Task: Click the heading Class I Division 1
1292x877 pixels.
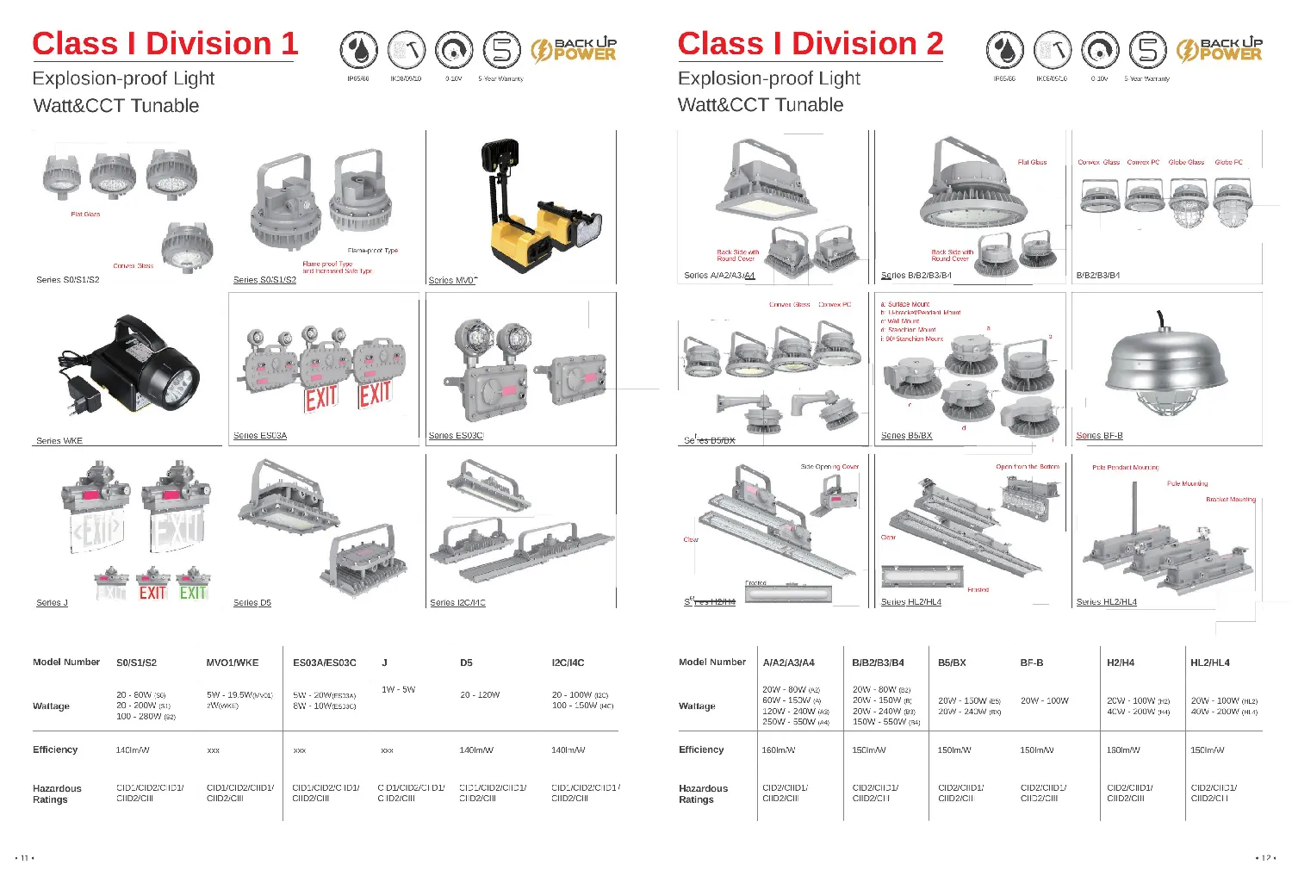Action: pyautogui.click(x=165, y=44)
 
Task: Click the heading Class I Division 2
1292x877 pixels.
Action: pyautogui.click(x=810, y=44)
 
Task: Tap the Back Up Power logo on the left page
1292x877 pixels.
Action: pyautogui.click(x=574, y=50)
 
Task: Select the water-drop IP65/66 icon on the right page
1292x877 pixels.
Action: pyautogui.click(x=1004, y=50)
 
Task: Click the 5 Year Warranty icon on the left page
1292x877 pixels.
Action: pyautogui.click(x=501, y=50)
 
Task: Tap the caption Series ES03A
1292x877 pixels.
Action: pyautogui.click(x=260, y=436)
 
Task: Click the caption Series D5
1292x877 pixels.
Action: pyautogui.click(x=252, y=603)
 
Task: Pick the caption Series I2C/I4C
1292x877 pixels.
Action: pyautogui.click(x=457, y=603)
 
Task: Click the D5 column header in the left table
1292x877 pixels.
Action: pyautogui.click(x=466, y=662)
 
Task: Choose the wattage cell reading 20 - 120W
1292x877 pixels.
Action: pyautogui.click(x=480, y=694)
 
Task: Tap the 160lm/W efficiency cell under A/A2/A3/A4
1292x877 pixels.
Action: pyautogui.click(x=779, y=750)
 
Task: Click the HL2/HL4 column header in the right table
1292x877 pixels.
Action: pyautogui.click(x=1209, y=662)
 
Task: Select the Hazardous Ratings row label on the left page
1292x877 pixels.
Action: pyautogui.click(x=57, y=793)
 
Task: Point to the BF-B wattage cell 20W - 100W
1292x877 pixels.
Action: pyautogui.click(x=1044, y=700)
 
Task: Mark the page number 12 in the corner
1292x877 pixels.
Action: pyautogui.click(x=1265, y=858)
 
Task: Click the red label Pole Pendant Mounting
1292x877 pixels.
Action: pyautogui.click(x=1125, y=467)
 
